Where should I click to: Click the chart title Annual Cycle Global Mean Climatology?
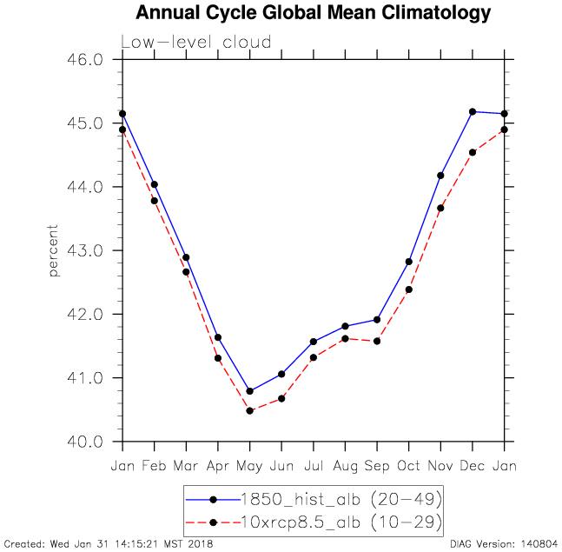313,14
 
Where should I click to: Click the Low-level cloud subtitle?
195,42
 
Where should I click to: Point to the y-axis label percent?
54,250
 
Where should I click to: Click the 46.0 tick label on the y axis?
85,60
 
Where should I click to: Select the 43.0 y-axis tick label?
85,250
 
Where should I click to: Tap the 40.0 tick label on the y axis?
85,442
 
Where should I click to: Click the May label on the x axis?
249,466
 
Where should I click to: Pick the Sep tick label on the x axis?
377,466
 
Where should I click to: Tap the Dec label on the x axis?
473,466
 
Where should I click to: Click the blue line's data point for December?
473,111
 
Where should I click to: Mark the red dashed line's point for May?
249,410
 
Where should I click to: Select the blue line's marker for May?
249,391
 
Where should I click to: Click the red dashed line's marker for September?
377,341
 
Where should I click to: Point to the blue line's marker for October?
408,262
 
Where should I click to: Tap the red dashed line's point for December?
473,152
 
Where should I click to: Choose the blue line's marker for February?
154,184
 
